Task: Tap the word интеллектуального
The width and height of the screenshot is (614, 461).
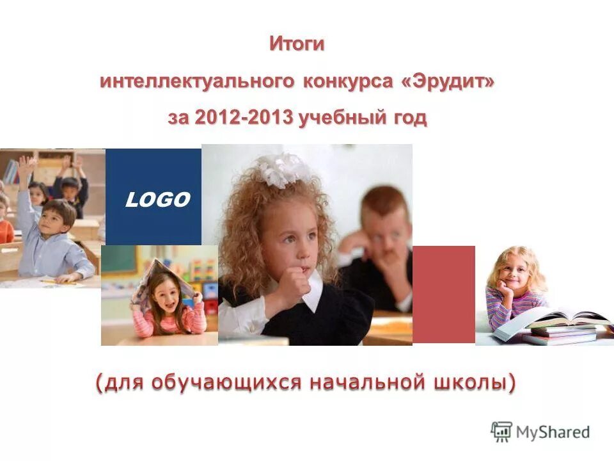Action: tap(197, 82)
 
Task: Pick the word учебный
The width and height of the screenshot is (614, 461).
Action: tap(342, 118)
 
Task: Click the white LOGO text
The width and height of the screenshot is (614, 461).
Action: tap(157, 200)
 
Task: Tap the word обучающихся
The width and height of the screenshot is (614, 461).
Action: tap(226, 382)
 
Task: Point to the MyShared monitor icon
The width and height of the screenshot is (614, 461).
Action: tap(501, 432)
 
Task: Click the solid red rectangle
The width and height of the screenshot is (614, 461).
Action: tap(443, 294)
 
